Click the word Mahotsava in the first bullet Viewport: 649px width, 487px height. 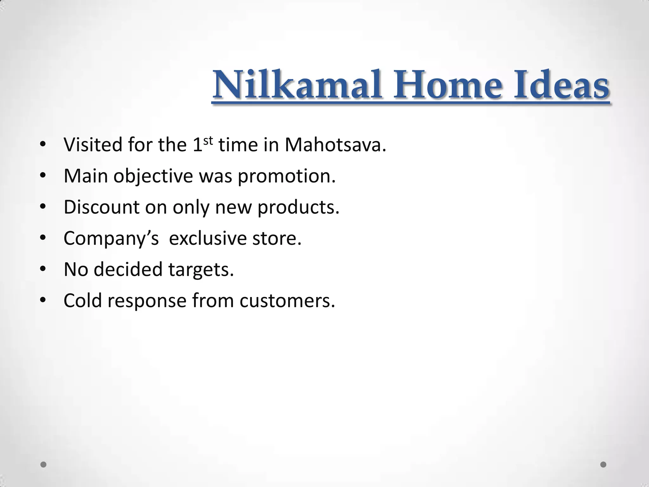coord(335,145)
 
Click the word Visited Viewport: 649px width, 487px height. coord(93,145)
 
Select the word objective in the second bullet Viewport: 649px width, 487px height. coord(153,176)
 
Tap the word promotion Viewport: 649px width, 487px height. coord(286,176)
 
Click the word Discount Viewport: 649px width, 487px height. coord(101,207)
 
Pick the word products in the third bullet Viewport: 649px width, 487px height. coord(298,208)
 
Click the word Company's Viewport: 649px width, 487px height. coord(111,238)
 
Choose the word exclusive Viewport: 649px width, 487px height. coord(208,238)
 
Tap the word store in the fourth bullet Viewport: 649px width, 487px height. coord(277,238)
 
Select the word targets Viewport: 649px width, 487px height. coord(201,270)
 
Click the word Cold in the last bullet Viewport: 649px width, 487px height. coord(83,301)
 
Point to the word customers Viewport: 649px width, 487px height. coord(287,301)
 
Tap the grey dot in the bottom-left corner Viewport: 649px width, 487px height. coord(43,464)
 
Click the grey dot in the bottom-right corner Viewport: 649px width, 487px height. coord(603,464)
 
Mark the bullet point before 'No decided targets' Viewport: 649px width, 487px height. coord(43,269)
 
